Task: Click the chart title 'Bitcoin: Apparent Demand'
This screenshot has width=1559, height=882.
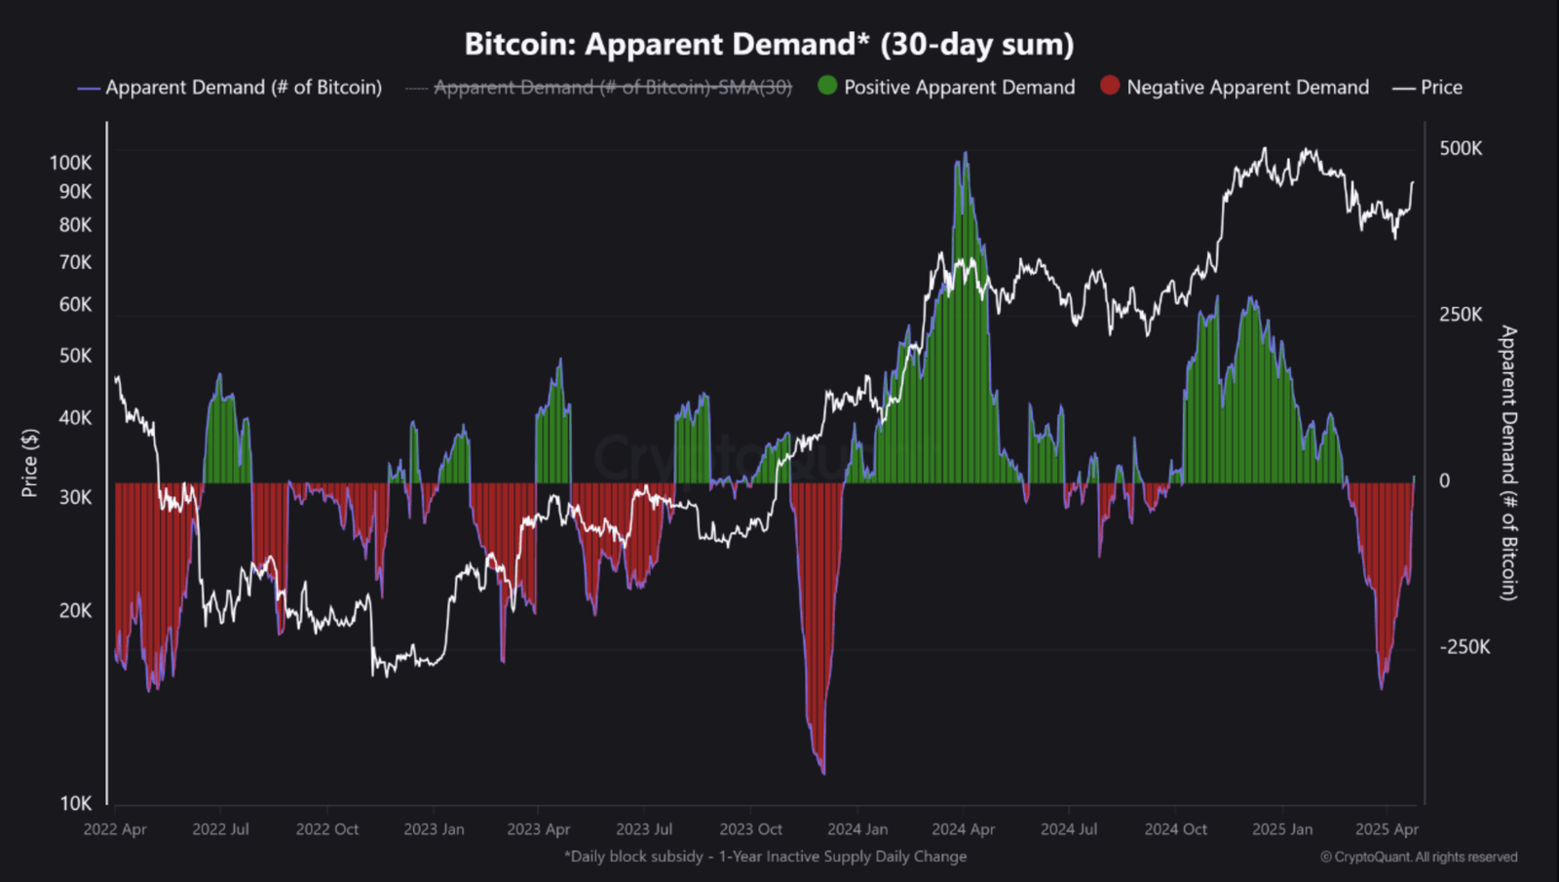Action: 768,44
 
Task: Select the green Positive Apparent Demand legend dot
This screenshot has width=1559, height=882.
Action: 827,86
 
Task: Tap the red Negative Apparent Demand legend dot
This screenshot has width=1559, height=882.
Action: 1110,86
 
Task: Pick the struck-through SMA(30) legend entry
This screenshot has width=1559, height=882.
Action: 612,88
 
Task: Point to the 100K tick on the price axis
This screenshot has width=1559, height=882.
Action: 70,163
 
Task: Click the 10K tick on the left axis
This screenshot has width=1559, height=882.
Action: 75,803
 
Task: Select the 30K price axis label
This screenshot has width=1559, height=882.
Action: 75,497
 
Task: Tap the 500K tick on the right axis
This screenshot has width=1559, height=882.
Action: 1461,148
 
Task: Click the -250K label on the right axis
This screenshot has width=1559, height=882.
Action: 1464,647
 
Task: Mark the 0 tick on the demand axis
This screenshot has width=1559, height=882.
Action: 1444,480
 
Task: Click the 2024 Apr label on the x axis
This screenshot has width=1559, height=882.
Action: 963,829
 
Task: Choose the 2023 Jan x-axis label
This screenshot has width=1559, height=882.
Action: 434,829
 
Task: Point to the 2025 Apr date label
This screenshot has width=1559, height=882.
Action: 1387,829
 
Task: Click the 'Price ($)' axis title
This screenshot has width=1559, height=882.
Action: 30,463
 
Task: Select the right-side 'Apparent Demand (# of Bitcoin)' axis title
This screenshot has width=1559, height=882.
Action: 1508,463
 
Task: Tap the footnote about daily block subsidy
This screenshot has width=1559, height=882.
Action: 765,857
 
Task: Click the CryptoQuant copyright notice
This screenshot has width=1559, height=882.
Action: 1419,858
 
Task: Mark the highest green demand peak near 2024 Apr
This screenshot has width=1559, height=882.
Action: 965,154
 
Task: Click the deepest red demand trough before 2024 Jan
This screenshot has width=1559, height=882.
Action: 823,772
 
